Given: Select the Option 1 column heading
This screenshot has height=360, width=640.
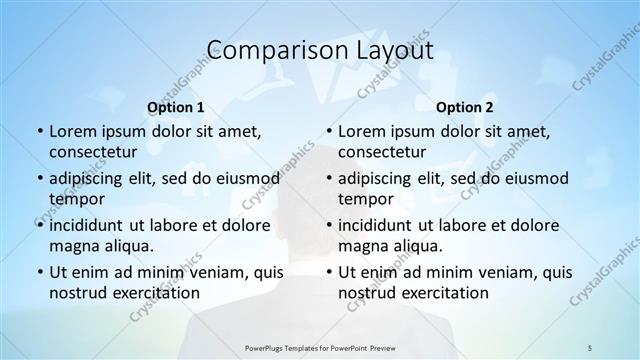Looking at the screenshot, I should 176,107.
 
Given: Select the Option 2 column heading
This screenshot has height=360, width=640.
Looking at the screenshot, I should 465,107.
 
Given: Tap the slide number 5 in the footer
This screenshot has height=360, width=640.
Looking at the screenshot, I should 590,348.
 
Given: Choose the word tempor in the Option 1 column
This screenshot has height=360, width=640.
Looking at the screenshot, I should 73,198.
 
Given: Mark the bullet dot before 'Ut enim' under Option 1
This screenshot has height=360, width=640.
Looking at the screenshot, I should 39,272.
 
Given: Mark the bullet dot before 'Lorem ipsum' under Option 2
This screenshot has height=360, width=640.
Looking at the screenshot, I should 328,131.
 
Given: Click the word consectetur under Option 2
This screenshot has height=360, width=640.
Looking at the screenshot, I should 382,151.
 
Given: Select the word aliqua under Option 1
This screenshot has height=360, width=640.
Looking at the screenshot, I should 126,245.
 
